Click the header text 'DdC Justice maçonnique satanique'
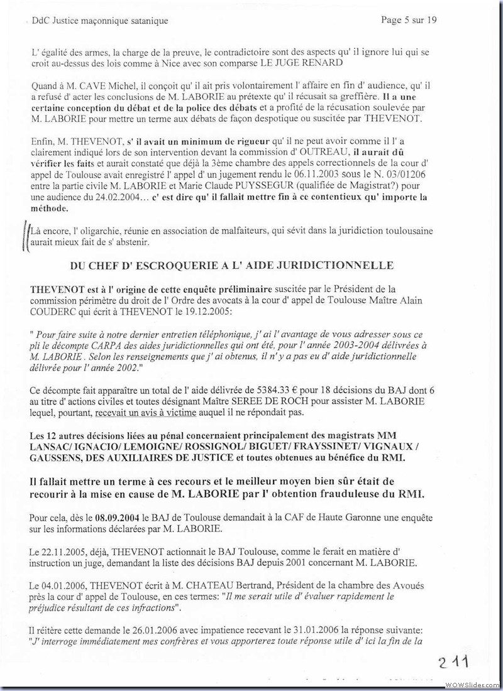tap(99, 21)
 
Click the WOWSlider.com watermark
tap(472, 683)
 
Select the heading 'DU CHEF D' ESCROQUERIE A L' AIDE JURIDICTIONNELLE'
tap(232, 266)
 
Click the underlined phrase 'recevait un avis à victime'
tap(145, 413)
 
